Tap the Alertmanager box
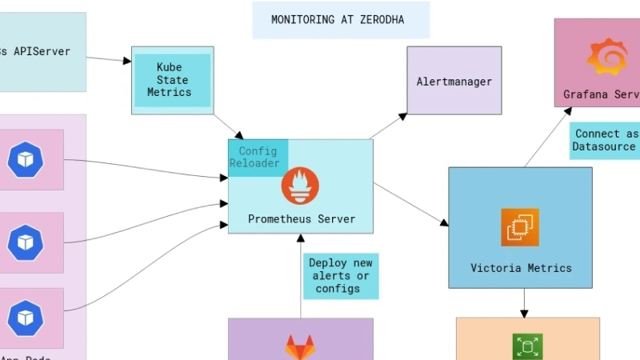[x=454, y=82]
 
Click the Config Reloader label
[x=257, y=157]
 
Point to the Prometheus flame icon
[x=299, y=187]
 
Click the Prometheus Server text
[x=301, y=219]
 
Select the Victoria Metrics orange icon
[x=520, y=227]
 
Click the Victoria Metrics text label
[x=520, y=268]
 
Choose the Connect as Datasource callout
[x=606, y=140]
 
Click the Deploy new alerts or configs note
[x=339, y=276]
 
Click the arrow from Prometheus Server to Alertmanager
[x=388, y=126]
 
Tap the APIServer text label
[x=36, y=52]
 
